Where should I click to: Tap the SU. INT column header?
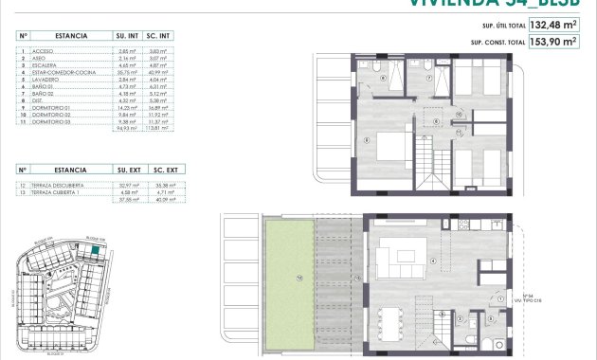127,35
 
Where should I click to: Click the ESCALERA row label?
46,64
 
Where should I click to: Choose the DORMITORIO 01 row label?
52,108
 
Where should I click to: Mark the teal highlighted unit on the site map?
96,249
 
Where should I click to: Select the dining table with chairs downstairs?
396,322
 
